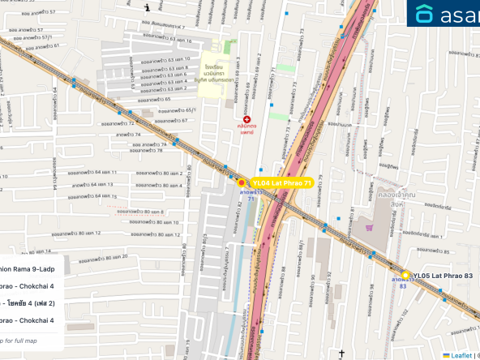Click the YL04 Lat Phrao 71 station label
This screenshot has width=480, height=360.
(x=281, y=183)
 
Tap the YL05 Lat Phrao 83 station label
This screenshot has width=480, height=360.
(x=442, y=276)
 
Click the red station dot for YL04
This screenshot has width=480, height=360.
(x=241, y=182)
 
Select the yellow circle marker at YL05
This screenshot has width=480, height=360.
(x=405, y=276)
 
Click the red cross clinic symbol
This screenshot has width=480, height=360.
(x=246, y=119)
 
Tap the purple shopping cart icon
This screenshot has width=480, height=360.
(x=370, y=227)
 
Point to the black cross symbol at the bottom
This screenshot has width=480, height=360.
(x=342, y=354)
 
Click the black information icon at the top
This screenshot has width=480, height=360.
(x=147, y=8)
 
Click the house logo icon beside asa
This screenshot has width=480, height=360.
(x=425, y=14)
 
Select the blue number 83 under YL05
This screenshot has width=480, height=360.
(x=402, y=285)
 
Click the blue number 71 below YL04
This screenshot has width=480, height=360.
(x=241, y=199)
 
